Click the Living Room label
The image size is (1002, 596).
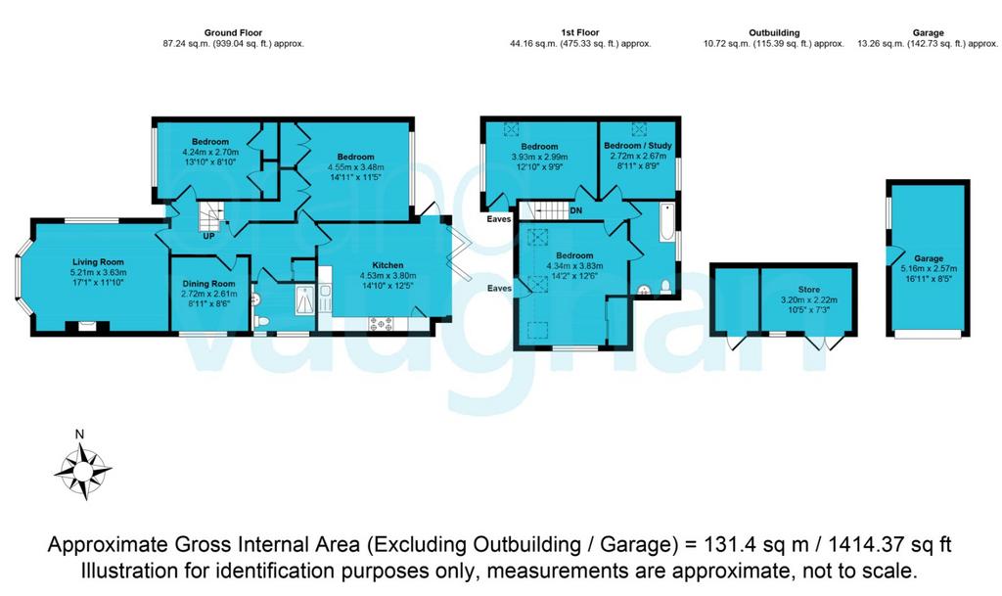point(98,262)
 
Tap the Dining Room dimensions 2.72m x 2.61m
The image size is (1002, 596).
point(209,294)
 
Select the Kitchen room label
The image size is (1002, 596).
point(387,265)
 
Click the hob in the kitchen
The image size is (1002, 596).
point(381,324)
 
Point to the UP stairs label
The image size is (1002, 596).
point(209,237)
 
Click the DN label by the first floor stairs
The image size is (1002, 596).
point(575,210)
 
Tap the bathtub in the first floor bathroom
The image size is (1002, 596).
point(666,221)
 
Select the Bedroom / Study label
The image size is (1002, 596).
point(638,146)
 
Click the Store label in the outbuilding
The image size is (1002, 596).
point(809,290)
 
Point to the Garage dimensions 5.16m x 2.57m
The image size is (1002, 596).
point(929,269)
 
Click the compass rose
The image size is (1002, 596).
point(83,472)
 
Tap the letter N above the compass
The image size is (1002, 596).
point(80,435)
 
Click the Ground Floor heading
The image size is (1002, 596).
point(233,32)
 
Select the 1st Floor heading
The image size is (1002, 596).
point(580,32)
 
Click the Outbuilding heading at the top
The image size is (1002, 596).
point(775,32)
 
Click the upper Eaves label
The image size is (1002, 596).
point(499,219)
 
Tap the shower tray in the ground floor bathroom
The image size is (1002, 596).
point(305,299)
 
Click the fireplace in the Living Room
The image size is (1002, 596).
point(87,327)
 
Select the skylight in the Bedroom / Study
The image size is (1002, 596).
point(639,129)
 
